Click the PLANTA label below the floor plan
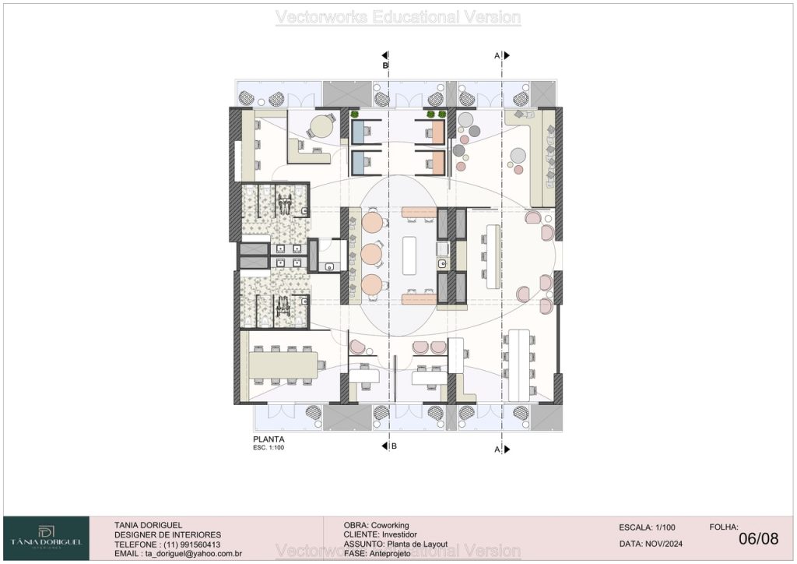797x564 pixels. (x=269, y=439)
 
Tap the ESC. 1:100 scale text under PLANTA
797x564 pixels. (x=269, y=447)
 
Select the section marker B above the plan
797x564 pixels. (x=385, y=65)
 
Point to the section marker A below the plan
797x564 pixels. (x=497, y=449)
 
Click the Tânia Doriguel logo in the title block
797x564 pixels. (x=46, y=538)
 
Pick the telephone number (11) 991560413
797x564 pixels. (x=192, y=545)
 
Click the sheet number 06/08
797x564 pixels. (x=758, y=538)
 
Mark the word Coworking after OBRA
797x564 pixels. (x=390, y=525)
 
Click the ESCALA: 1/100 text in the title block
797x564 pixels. (x=647, y=527)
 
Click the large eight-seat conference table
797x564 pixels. (x=283, y=365)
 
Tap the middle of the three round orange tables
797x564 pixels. (x=371, y=253)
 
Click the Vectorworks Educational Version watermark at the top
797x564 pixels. (x=398, y=17)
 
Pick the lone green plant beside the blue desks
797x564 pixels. (x=354, y=114)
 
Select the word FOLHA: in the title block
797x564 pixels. (x=724, y=527)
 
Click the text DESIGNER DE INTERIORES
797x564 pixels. (x=168, y=535)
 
